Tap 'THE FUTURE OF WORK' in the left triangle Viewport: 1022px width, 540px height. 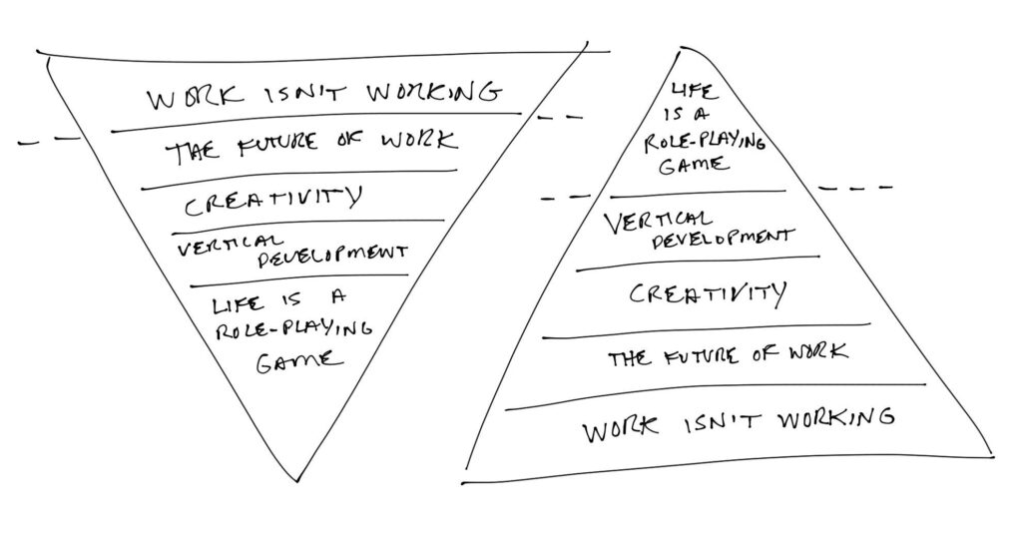point(312,146)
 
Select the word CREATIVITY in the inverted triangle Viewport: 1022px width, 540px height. point(272,200)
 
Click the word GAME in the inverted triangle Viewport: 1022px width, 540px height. point(298,360)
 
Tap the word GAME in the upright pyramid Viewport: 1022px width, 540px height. point(693,166)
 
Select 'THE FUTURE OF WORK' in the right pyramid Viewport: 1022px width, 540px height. point(728,356)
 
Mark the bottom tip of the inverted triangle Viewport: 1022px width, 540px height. point(296,482)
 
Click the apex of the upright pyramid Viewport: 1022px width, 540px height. point(682,48)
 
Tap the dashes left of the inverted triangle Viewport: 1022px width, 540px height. point(49,140)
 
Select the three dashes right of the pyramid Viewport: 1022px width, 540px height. point(855,188)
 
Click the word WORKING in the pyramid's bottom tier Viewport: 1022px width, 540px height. point(837,417)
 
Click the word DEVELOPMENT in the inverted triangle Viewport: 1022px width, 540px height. point(332,257)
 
